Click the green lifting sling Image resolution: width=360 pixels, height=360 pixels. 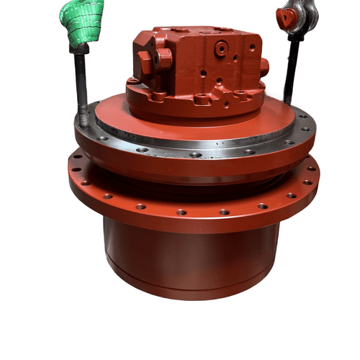[81, 22]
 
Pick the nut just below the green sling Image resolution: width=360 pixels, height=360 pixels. [79, 49]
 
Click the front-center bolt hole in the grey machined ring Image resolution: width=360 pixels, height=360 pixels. [196, 153]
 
